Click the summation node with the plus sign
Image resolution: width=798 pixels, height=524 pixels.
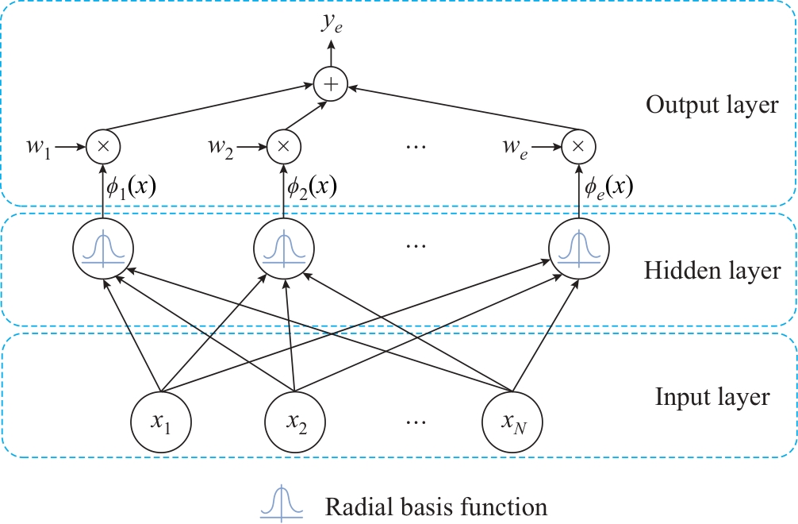(331, 83)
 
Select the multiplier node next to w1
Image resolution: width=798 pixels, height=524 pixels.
(102, 146)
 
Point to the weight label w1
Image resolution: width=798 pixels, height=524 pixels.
(37, 147)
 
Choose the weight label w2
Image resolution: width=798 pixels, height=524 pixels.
(221, 147)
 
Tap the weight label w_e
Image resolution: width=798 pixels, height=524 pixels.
(513, 147)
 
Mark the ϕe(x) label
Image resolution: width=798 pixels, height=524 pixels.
(608, 187)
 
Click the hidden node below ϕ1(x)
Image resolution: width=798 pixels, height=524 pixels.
(102, 247)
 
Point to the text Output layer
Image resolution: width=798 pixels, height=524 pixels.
(712, 105)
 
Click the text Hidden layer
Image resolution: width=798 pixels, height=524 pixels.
(712, 271)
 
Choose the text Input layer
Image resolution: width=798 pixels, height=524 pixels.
(712, 396)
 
